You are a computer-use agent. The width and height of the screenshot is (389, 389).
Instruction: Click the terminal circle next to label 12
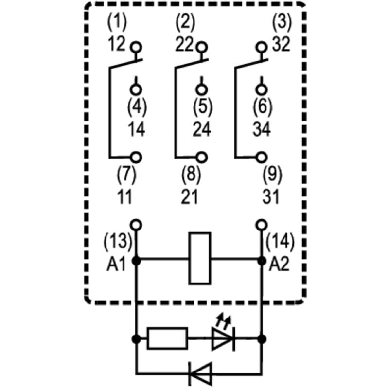[x=137, y=47]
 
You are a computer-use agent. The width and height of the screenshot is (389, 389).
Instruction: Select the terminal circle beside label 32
[x=262, y=47]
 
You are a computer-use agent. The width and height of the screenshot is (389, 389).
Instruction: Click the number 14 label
[x=137, y=129]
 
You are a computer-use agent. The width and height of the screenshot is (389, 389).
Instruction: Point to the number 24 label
[x=201, y=129]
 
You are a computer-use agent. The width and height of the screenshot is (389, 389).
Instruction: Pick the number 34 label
[x=262, y=129]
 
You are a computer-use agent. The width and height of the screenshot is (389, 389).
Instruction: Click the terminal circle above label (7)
[x=137, y=157]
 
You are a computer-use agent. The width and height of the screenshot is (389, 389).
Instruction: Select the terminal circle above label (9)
[x=262, y=157]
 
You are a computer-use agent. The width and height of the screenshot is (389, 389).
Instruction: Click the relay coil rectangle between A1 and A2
[x=200, y=258]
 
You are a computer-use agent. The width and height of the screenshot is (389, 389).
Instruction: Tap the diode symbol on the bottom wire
[x=200, y=373]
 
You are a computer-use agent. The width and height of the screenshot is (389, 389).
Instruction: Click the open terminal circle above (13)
[x=137, y=224]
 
